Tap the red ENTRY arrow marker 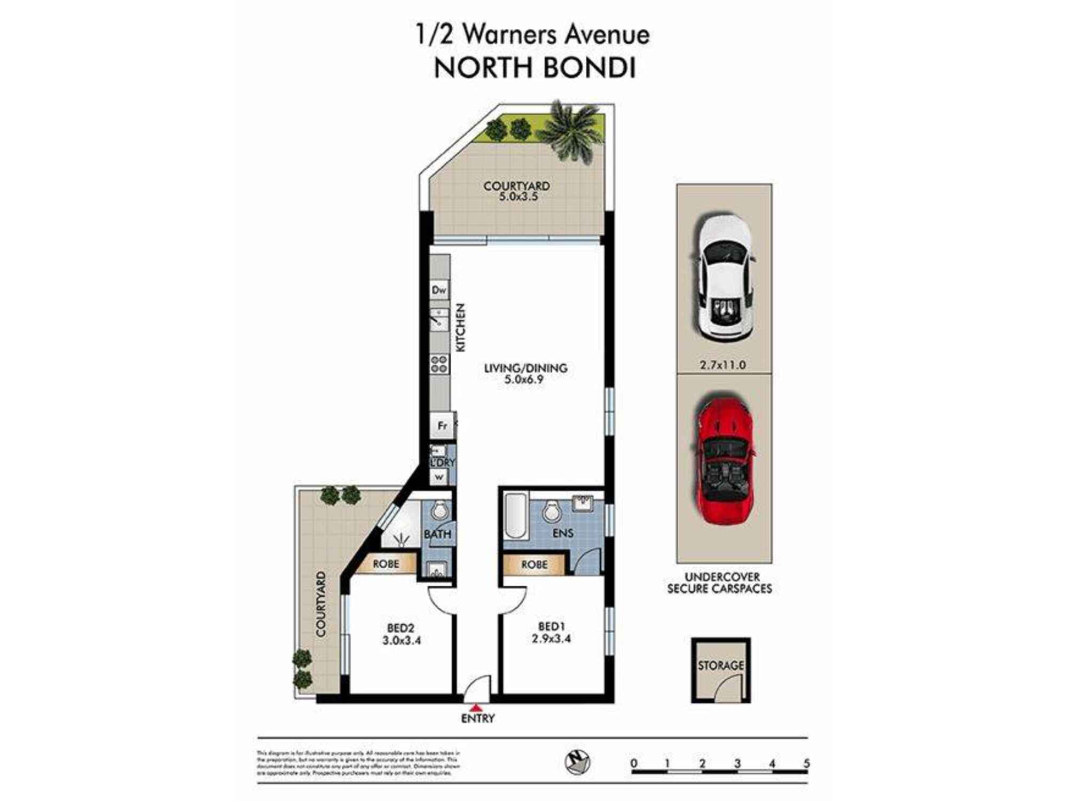click(477, 707)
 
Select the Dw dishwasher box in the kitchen click(439, 290)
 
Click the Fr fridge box click(442, 426)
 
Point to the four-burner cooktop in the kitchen click(439, 364)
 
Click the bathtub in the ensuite click(516, 516)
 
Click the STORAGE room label click(720, 665)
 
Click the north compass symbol click(577, 761)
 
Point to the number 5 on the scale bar click(806, 763)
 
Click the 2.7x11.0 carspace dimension click(723, 365)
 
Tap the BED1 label click(551, 626)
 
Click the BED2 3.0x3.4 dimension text click(402, 640)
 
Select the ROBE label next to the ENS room click(534, 564)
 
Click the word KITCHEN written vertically click(460, 327)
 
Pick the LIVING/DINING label click(525, 368)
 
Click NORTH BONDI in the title click(534, 68)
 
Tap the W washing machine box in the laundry click(439, 477)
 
